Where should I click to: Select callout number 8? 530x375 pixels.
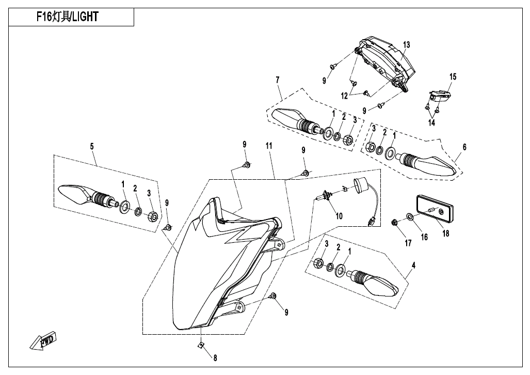215,357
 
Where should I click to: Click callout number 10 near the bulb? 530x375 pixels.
339,216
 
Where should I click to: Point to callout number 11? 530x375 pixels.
268,147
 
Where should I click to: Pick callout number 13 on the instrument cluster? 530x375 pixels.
407,45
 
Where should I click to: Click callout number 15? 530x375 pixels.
453,77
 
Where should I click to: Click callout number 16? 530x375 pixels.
424,237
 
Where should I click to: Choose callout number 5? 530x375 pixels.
92,147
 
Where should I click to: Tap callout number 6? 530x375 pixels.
464,147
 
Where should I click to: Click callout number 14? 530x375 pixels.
431,123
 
